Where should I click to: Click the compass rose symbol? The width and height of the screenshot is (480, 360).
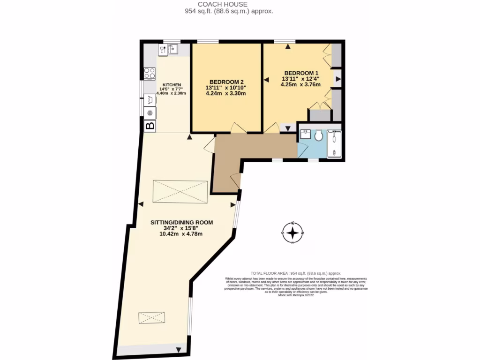(x=292, y=232)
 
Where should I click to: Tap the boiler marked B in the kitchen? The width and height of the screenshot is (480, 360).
(x=150, y=126)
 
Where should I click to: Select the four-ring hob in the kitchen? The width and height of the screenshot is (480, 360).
(x=150, y=74)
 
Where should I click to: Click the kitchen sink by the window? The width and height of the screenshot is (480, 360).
(x=173, y=48)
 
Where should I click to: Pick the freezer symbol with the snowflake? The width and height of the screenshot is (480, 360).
(x=150, y=113)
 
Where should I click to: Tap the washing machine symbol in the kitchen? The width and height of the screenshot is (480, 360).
(x=150, y=99)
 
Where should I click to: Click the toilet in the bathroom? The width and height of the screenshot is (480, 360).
(x=319, y=135)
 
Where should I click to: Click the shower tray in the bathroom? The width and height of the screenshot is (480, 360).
(x=334, y=144)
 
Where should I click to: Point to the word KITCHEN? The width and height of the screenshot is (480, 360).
(x=171, y=85)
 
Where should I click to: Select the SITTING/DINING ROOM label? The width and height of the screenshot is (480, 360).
(x=181, y=222)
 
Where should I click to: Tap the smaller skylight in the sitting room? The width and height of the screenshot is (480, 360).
(x=151, y=317)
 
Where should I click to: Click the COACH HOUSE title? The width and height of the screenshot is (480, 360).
(x=228, y=4)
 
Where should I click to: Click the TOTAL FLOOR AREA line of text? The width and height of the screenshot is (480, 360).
(x=295, y=273)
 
